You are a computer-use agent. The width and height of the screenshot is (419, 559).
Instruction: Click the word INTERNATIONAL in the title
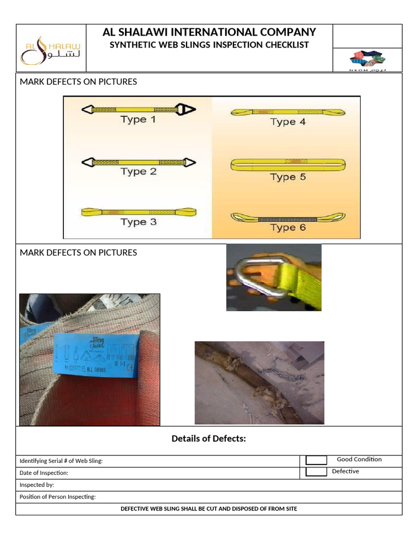213,32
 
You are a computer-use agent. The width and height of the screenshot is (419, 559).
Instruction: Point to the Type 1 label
138,120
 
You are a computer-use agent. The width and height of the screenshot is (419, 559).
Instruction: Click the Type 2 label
138,171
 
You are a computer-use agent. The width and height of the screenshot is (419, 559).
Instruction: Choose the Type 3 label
138,222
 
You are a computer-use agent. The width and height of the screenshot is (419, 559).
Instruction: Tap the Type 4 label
288,122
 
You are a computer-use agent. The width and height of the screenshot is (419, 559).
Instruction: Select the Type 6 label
288,227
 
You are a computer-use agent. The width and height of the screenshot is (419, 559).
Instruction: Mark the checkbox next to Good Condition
316,460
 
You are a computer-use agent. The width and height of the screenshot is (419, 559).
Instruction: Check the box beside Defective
316,472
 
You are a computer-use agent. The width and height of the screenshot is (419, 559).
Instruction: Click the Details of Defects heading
209,438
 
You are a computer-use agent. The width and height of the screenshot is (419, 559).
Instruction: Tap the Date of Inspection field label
44,473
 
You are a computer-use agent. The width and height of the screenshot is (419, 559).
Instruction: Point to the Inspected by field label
37,485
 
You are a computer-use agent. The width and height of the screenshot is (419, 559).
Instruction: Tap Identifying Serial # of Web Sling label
61,461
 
